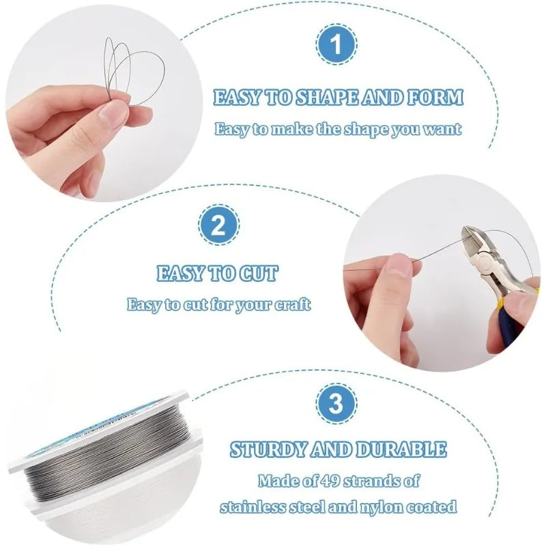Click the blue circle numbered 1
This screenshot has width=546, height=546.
[x=336, y=44]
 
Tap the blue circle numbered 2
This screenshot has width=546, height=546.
[x=218, y=225]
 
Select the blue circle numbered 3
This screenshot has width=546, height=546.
[x=336, y=403]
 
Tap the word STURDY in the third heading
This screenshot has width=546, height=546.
[x=268, y=449]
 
